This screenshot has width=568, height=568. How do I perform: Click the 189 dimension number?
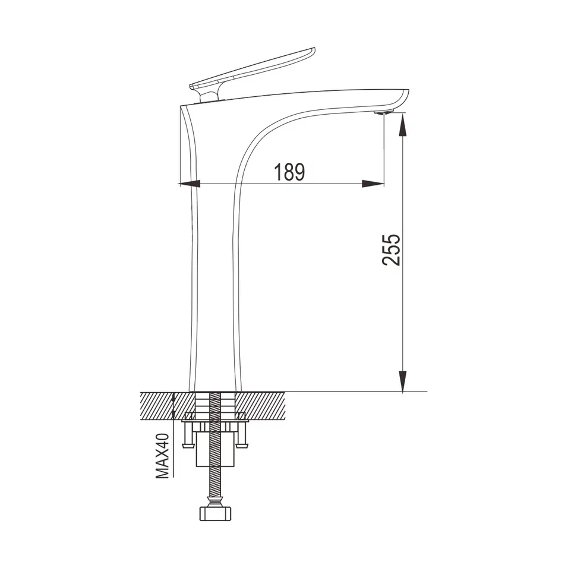[289, 172]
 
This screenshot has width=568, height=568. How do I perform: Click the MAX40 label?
[162, 456]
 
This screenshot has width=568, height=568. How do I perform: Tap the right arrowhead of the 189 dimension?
[373, 184]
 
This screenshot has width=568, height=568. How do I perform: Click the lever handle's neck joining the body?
[208, 94]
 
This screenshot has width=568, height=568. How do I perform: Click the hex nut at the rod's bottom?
[214, 513]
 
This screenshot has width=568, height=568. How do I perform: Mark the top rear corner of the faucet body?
[181, 106]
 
